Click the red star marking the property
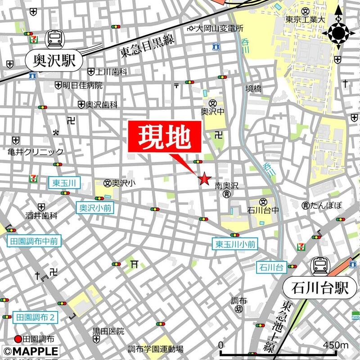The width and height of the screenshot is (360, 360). click(204, 179)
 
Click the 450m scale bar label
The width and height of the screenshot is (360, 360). click(335, 345)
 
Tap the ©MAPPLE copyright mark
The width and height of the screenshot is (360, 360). click(30, 351)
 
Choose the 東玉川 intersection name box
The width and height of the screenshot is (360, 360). click(64, 182)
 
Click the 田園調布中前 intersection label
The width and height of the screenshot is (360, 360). click(34, 241)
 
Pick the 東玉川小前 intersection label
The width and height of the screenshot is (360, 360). click(234, 244)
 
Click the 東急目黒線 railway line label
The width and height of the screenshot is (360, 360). click(147, 46)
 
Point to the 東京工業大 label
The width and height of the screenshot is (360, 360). click(306, 20)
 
